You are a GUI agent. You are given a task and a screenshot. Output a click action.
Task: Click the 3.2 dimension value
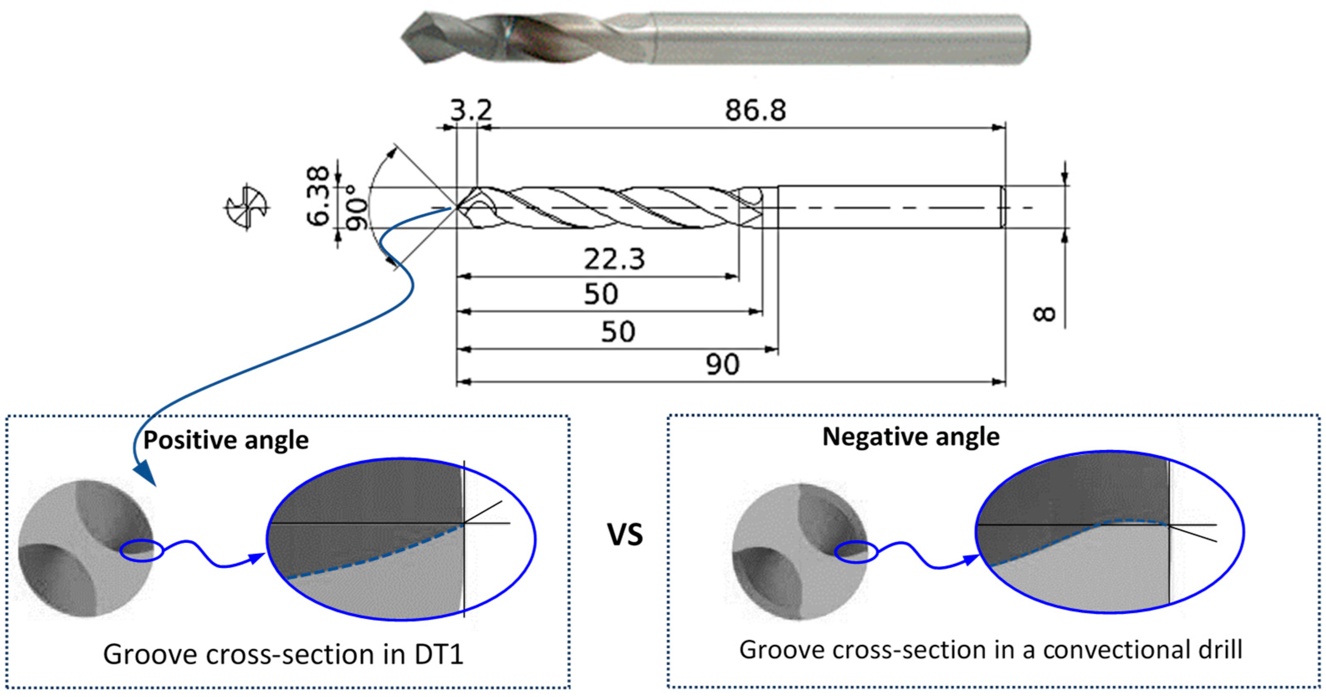click(x=471, y=110)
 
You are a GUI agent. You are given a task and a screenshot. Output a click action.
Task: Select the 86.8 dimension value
click(x=755, y=110)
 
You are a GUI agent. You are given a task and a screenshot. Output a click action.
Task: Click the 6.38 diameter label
click(x=318, y=196)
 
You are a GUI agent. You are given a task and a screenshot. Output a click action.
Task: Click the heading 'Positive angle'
click(x=225, y=440)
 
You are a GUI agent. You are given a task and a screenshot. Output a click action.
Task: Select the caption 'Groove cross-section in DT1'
click(x=283, y=654)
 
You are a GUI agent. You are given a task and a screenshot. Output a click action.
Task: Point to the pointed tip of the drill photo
click(x=404, y=37)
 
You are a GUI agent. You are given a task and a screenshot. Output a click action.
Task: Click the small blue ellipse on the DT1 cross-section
click(x=142, y=551)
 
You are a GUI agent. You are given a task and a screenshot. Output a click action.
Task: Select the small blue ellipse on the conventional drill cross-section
click(x=855, y=552)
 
